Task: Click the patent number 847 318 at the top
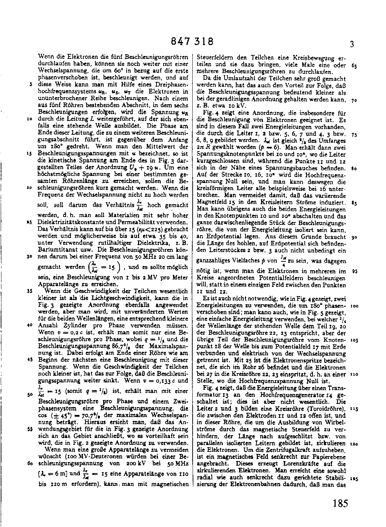pyautogui.click(x=192, y=41)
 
